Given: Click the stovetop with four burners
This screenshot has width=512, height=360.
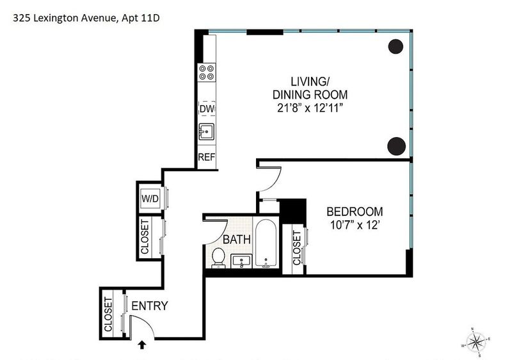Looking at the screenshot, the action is [x=207, y=72].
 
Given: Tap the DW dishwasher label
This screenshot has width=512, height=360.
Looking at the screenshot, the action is [x=207, y=109].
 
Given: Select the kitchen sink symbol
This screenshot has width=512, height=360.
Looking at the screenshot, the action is [x=206, y=132].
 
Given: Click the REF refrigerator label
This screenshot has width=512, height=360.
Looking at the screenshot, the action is [x=206, y=157].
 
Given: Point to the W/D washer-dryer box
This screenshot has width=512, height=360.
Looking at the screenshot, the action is [x=150, y=199].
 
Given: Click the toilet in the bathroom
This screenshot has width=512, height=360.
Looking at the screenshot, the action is [x=218, y=258].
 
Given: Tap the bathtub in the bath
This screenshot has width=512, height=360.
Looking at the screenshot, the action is [x=266, y=243].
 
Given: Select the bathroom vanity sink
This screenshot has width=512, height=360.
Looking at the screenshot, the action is [x=241, y=261].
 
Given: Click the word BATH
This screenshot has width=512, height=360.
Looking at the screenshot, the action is [x=237, y=240].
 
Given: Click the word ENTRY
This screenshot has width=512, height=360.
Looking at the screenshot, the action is [x=150, y=306].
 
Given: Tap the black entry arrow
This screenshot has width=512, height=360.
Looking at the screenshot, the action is [x=142, y=345].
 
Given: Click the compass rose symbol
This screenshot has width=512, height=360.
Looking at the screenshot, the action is [x=476, y=342].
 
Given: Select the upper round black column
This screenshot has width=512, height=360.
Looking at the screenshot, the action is [x=396, y=46].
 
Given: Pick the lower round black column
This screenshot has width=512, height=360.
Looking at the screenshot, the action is [x=396, y=146].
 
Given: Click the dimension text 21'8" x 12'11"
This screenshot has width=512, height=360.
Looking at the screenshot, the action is [x=310, y=108].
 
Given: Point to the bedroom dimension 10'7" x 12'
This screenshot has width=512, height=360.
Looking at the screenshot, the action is [x=355, y=225].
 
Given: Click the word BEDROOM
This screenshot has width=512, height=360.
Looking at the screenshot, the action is [x=355, y=211].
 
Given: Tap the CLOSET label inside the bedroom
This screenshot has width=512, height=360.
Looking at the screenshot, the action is [x=296, y=248].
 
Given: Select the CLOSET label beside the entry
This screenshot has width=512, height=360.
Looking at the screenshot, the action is [x=108, y=315].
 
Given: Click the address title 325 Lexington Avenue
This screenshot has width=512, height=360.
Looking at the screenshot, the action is [x=65, y=18].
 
